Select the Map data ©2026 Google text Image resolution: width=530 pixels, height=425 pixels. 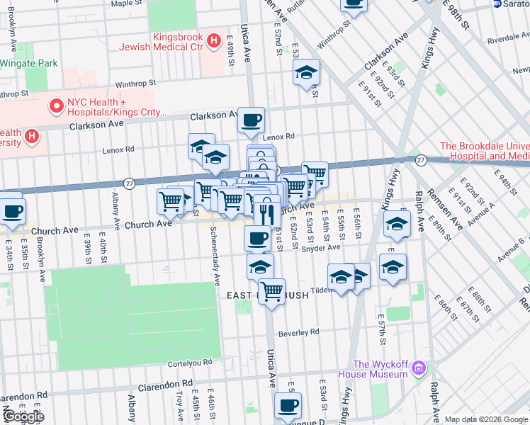486,419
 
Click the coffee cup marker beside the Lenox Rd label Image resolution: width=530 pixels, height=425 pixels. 251,121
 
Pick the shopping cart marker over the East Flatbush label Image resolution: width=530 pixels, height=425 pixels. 271,291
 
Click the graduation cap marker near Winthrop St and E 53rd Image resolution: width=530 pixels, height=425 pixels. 306,72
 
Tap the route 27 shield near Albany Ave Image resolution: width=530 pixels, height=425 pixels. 128,182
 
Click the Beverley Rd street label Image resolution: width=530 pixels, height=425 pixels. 300,331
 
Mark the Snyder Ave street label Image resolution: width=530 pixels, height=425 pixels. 322,248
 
